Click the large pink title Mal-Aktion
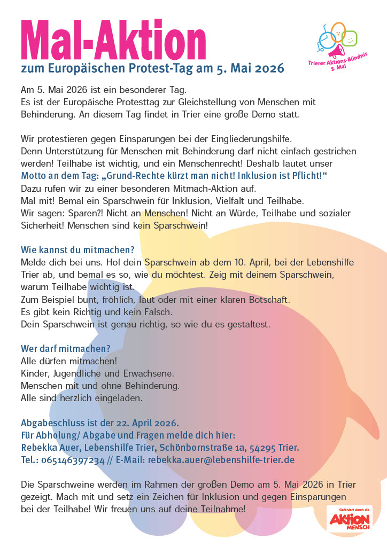point(113,38)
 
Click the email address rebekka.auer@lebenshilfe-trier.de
point(221,459)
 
